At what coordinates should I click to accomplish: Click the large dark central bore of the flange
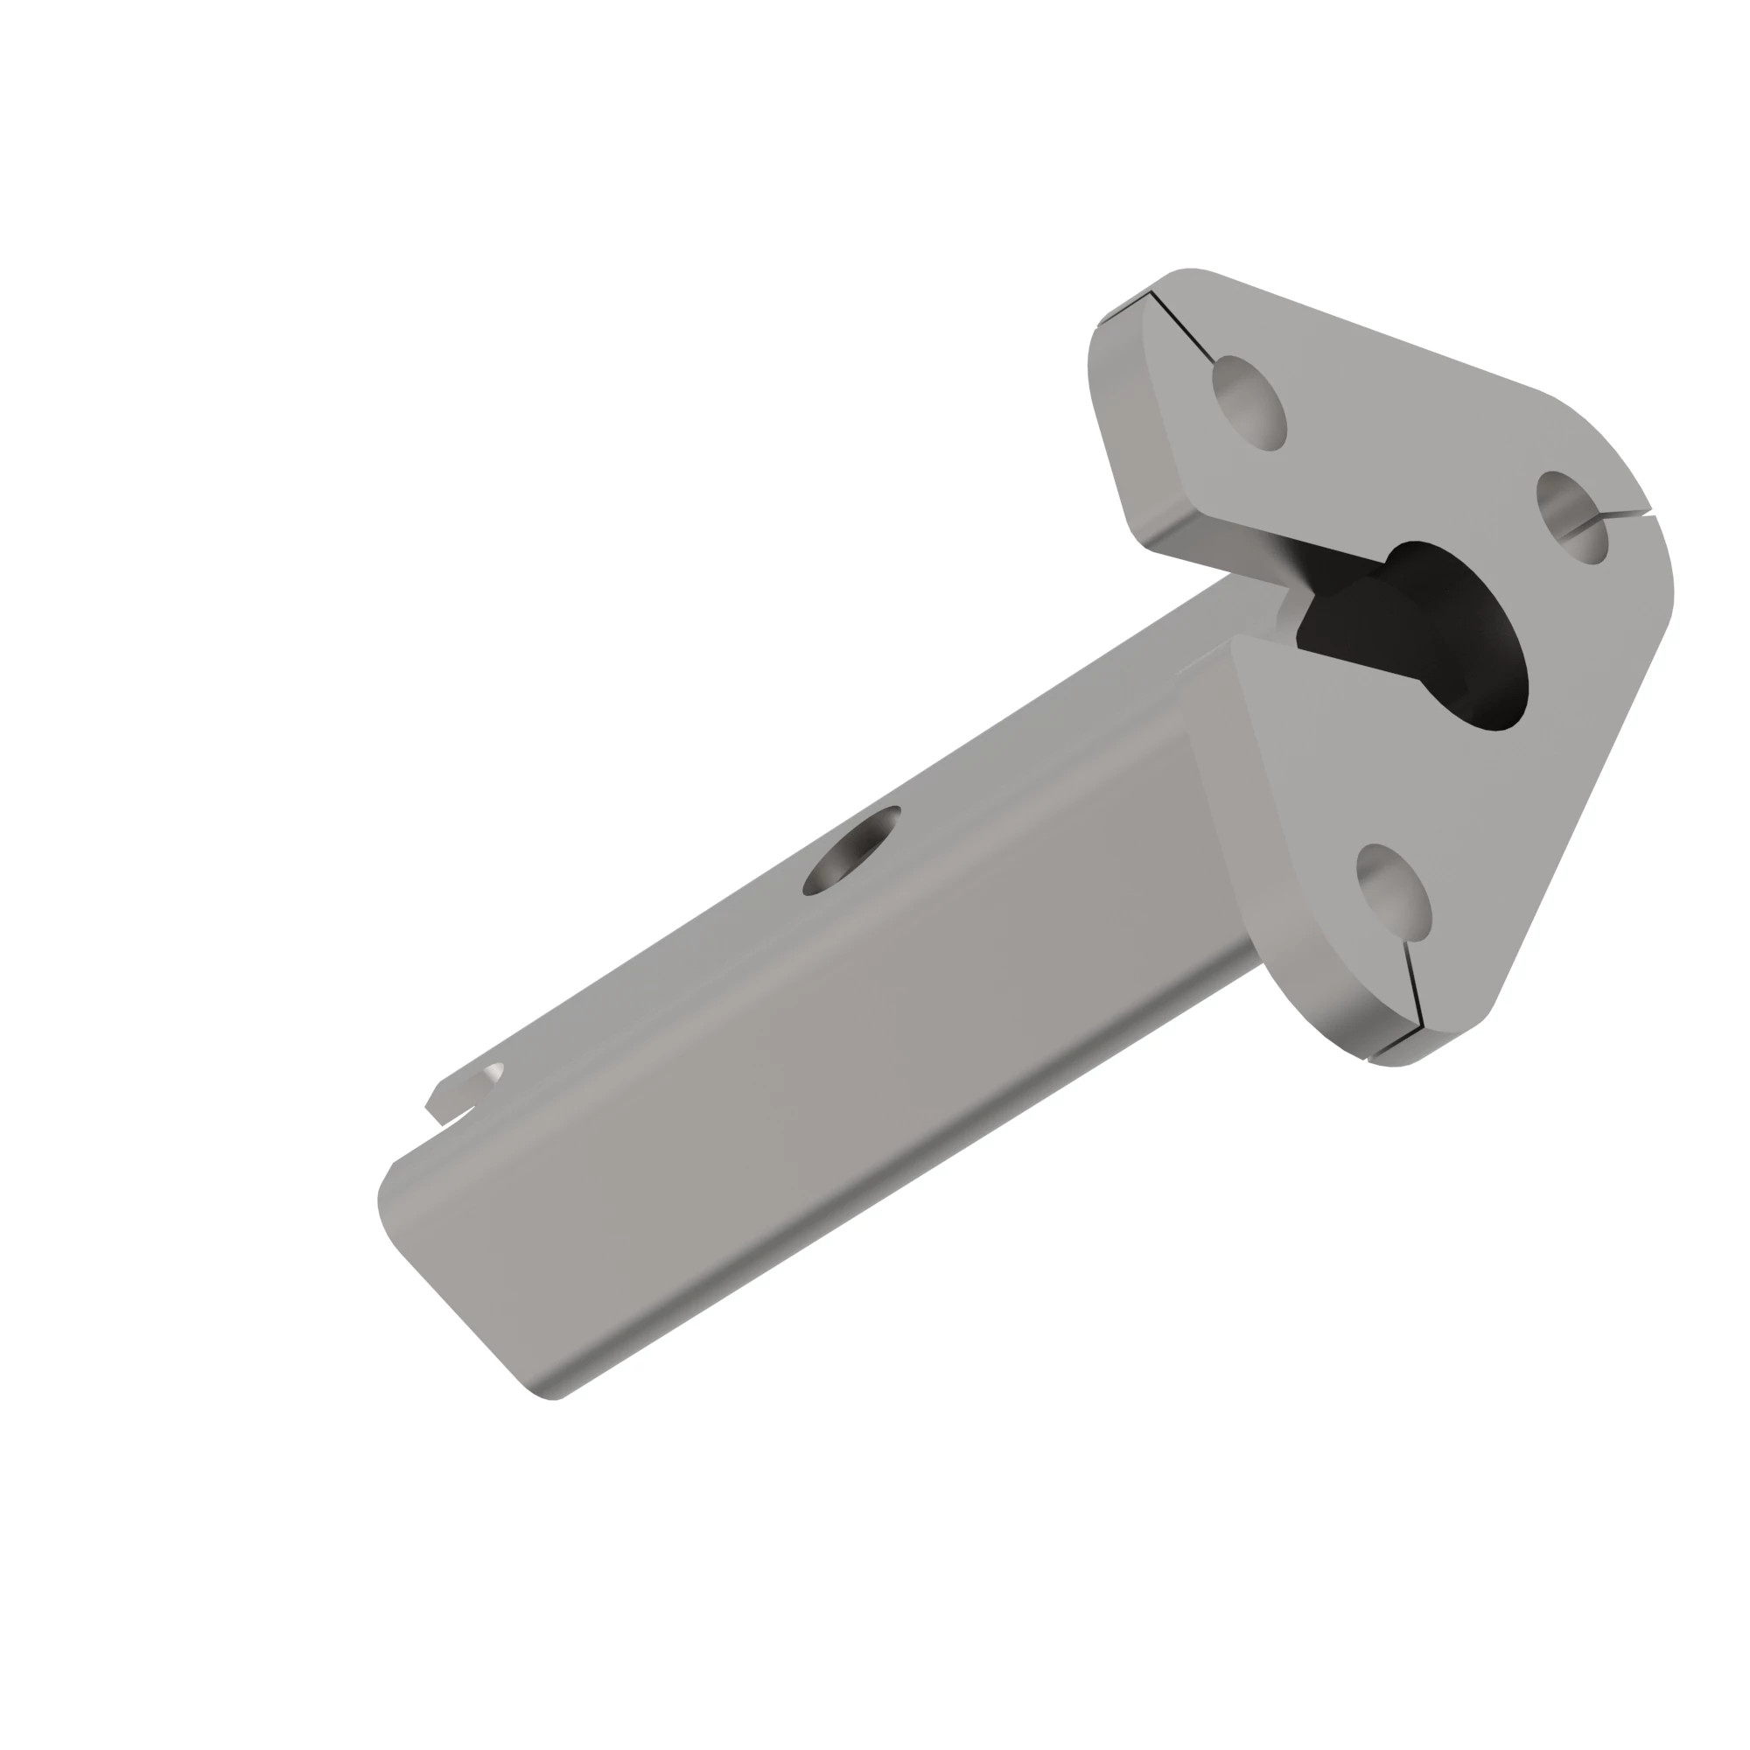1449,634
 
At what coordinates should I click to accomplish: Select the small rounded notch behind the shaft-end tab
491,1075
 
